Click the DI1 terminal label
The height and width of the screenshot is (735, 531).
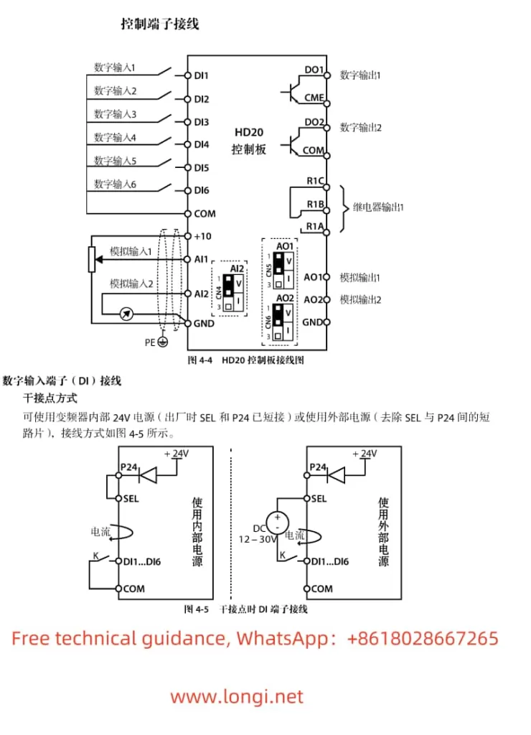(201, 75)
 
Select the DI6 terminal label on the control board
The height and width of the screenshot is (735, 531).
(201, 190)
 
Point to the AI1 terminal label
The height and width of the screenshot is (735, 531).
(201, 258)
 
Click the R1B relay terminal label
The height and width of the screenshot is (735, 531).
(316, 205)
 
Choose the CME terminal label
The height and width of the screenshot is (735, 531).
(314, 98)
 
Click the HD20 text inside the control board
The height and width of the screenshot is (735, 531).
(248, 132)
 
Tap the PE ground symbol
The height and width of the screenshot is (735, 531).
(162, 343)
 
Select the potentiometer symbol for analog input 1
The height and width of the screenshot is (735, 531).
(91, 259)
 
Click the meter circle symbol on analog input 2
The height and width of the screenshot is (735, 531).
(127, 314)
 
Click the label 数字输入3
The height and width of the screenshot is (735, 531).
(115, 114)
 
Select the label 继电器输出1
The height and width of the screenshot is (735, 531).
(379, 207)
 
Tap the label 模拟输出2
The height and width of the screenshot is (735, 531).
(360, 299)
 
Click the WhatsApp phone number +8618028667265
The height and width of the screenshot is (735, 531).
(423, 638)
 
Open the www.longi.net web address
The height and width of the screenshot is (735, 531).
(237, 696)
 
